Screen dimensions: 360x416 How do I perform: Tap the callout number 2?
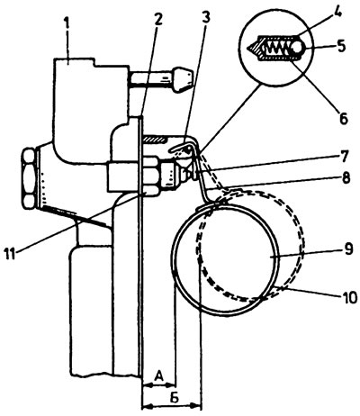(x=157, y=20)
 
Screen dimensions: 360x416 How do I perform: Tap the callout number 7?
(x=345, y=156)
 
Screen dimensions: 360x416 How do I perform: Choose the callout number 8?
(x=345, y=179)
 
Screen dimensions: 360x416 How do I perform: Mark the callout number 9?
(x=347, y=249)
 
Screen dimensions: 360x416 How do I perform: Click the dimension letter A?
(x=159, y=375)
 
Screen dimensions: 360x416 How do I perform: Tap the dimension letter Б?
(x=175, y=398)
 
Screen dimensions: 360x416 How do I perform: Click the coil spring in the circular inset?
(x=277, y=47)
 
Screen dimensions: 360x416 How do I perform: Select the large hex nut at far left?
(x=29, y=178)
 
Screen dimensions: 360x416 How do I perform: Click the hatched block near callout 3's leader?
(x=155, y=139)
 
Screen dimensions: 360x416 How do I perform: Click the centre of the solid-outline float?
(x=226, y=259)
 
